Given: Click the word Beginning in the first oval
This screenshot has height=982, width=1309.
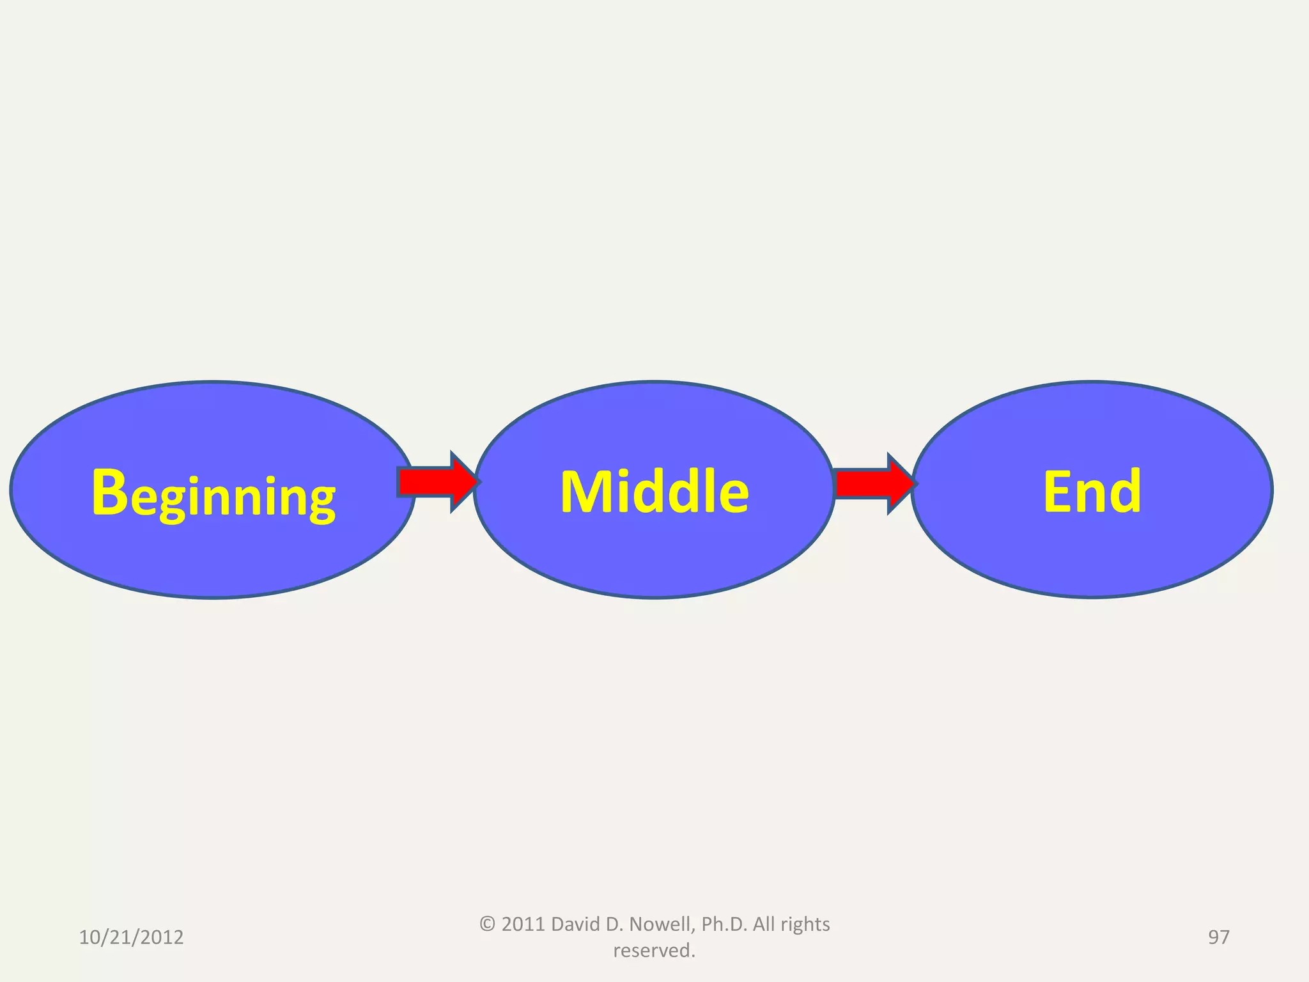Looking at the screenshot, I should [x=213, y=493].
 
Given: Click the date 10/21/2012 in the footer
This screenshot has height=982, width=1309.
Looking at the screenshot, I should [x=131, y=937].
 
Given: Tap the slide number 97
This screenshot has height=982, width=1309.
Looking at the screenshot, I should [x=1218, y=937].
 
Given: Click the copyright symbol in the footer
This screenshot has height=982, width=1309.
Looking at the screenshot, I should [x=488, y=924].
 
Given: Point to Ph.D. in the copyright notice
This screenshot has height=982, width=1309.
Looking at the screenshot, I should [x=724, y=924].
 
